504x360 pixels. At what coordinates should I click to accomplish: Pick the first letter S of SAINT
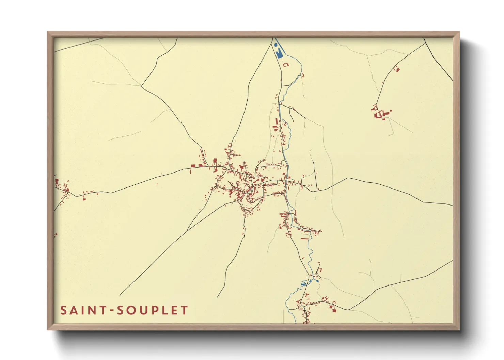click(x=64, y=310)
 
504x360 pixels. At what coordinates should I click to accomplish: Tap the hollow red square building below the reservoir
click(x=286, y=65)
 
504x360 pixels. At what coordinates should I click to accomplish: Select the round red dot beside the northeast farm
click(x=391, y=111)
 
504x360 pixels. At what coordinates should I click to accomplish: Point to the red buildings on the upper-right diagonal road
click(x=396, y=69)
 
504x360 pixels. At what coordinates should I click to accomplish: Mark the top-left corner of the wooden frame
click(x=48, y=32)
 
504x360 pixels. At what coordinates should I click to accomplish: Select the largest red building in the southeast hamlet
click(x=334, y=310)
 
